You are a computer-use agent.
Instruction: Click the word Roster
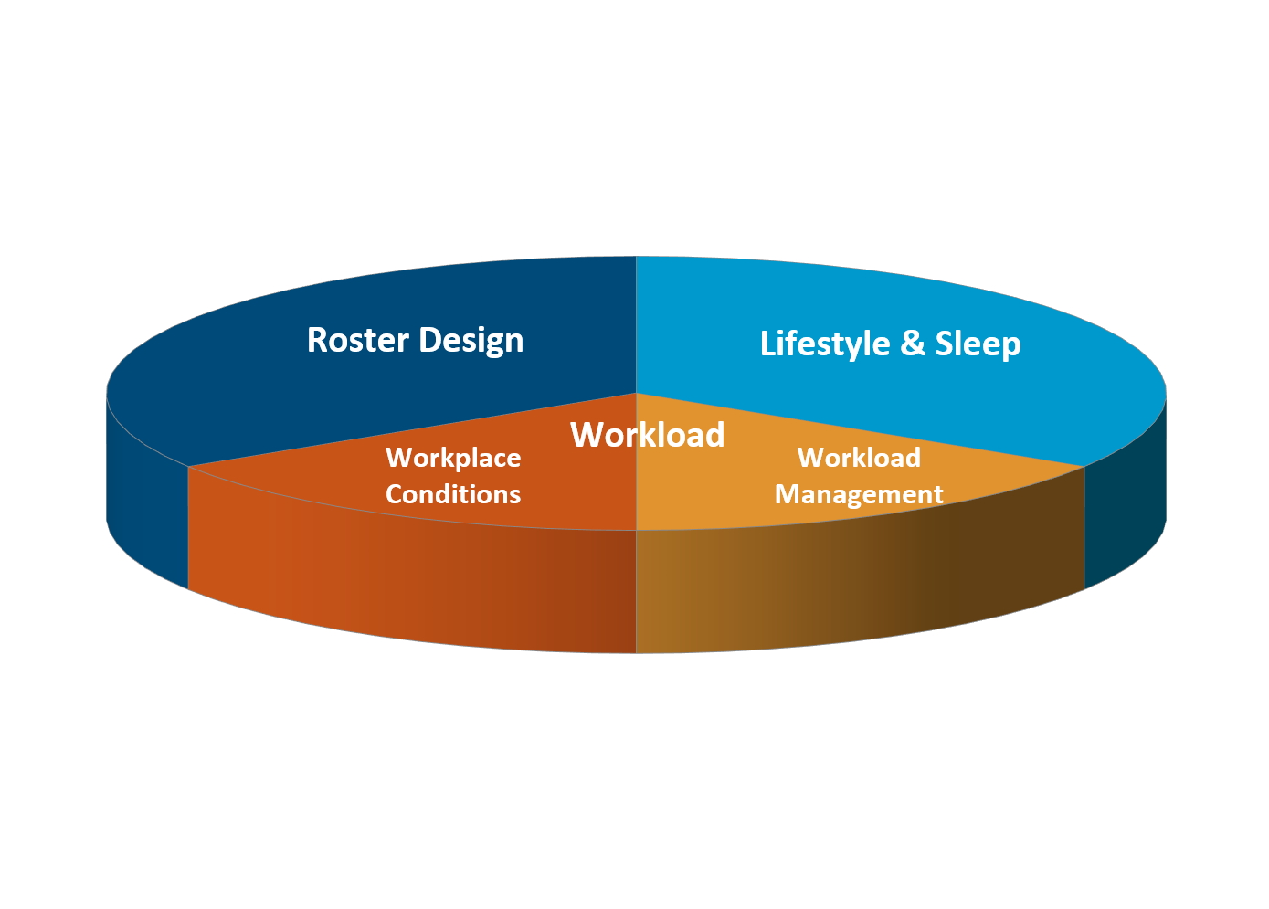[357, 340]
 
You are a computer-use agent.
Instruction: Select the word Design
[471, 341]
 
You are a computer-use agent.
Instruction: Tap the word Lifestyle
[824, 344]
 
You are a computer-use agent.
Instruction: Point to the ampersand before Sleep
[912, 344]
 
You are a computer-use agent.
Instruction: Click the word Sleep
[978, 344]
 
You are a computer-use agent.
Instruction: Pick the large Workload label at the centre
[647, 435]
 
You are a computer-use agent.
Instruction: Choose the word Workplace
[453, 458]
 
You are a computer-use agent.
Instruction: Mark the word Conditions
[453, 494]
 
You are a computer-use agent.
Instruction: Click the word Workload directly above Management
[859, 458]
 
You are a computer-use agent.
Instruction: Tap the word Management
[859, 494]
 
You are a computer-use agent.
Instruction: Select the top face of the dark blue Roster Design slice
[274, 384]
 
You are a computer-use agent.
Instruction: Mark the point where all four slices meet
[636, 394]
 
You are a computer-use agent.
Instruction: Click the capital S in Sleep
[945, 344]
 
